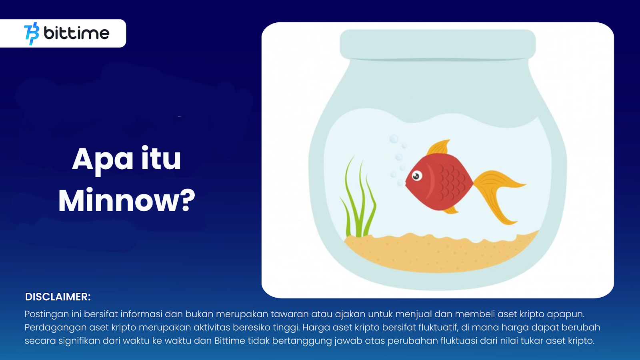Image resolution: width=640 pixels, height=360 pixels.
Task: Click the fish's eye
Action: point(417,176)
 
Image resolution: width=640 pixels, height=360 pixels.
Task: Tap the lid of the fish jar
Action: point(438,44)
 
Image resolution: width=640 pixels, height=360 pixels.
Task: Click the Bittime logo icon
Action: point(32,34)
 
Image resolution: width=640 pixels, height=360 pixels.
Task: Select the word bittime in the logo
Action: point(76,33)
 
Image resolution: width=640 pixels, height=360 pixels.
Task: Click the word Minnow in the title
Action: point(120,200)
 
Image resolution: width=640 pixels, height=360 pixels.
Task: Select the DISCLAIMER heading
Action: point(58,297)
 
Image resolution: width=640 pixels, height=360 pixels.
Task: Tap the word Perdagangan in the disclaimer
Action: point(55,328)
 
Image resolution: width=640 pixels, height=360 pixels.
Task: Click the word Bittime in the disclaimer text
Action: point(230,340)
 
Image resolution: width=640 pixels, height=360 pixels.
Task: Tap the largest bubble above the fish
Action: point(394,139)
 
